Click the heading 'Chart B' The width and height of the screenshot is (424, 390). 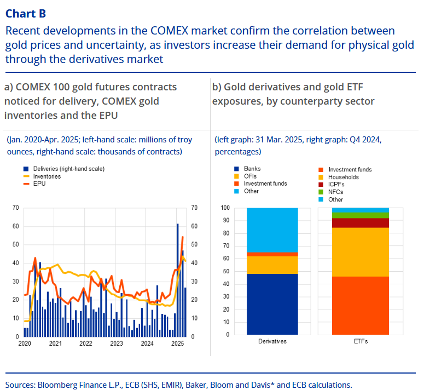pos(26,13)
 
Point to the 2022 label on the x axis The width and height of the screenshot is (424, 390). pos(85,343)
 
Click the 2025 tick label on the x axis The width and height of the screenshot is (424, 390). pos(177,343)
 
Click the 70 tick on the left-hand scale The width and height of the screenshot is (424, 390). pos(16,208)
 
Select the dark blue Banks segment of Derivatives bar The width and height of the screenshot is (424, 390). pos(272,304)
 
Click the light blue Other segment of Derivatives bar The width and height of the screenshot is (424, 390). pos(272,230)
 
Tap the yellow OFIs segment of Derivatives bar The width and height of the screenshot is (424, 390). pos(272,265)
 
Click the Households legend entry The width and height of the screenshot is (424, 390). pos(344,177)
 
